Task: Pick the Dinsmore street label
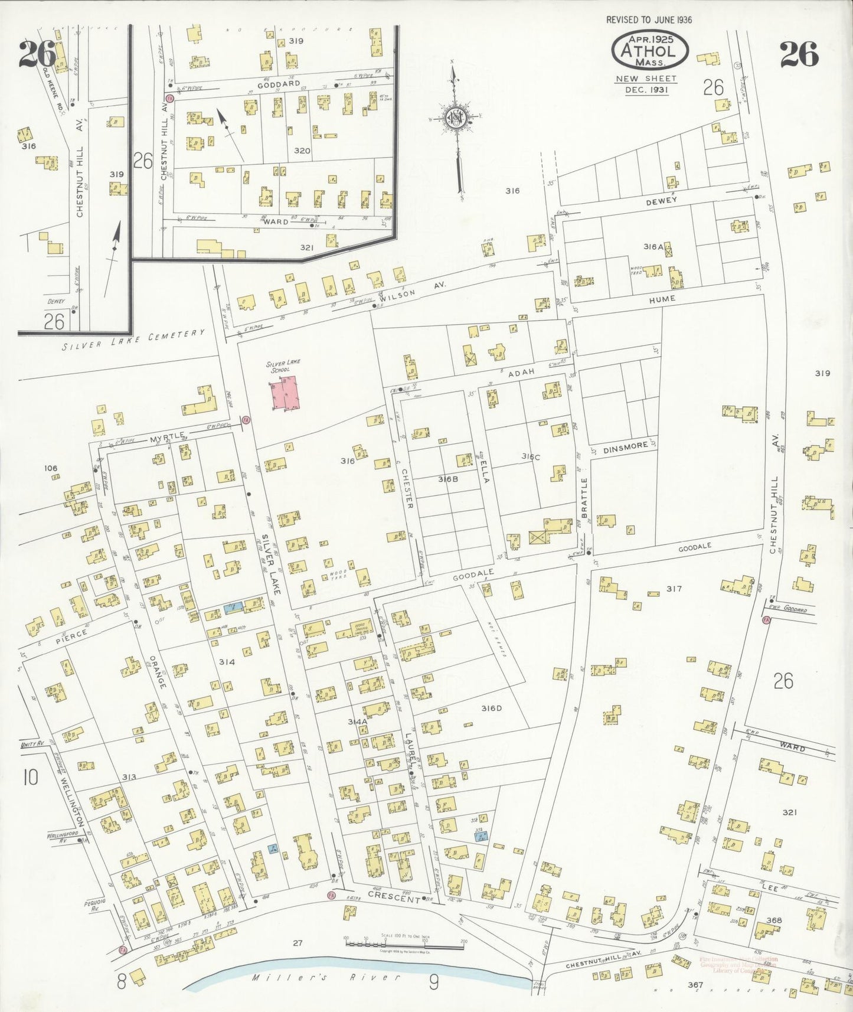point(625,448)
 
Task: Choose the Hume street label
point(662,299)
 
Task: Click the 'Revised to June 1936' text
point(649,19)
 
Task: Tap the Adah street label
point(521,372)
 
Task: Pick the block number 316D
point(491,709)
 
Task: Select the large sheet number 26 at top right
point(799,55)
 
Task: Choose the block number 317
point(674,589)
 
